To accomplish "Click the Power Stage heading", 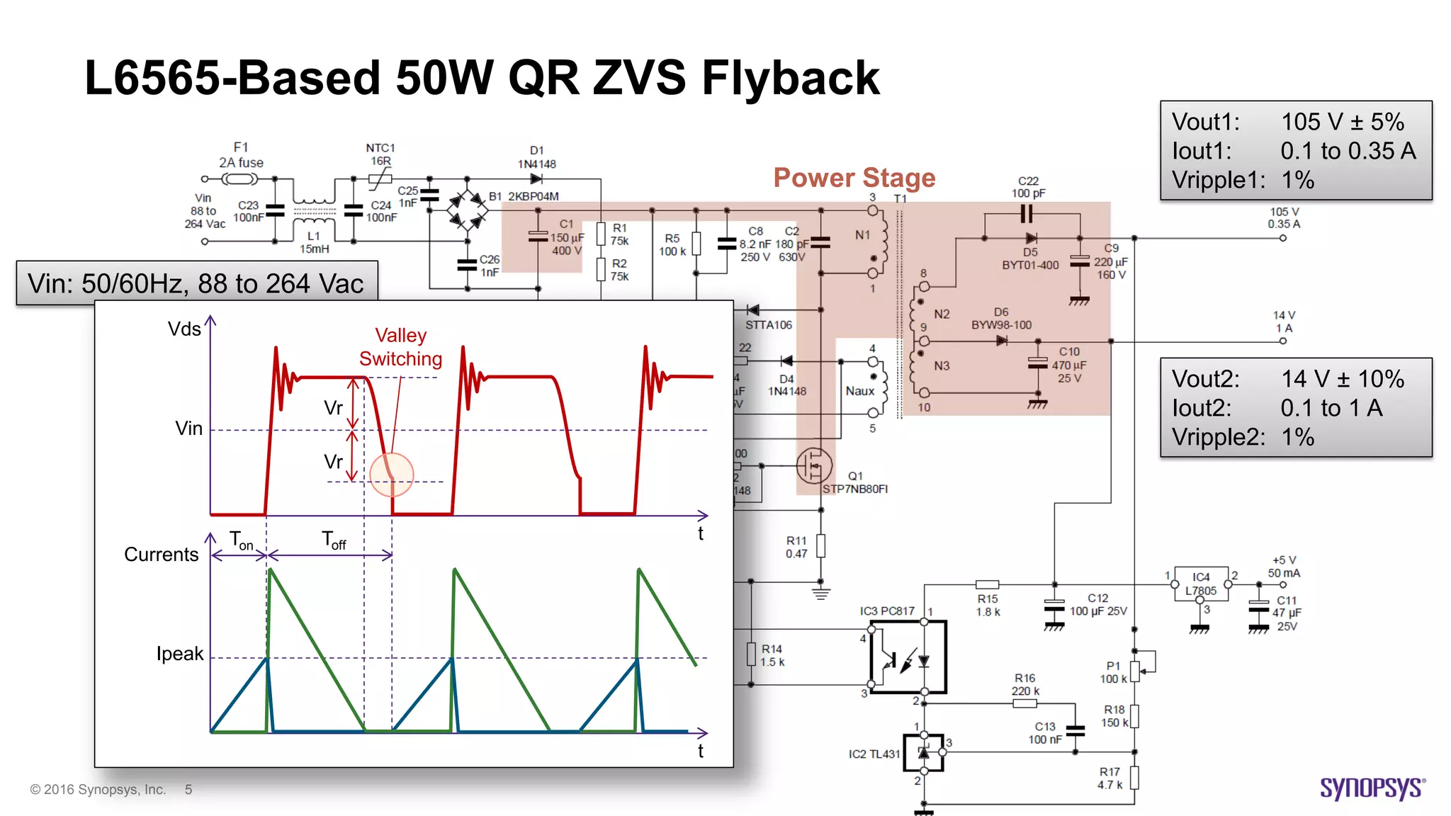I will pos(854,178).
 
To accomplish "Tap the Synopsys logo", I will pos(1372,788).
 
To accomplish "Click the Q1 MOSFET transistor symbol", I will pos(813,465).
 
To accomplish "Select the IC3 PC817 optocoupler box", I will pos(908,657).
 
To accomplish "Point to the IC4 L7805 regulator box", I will pos(1202,584).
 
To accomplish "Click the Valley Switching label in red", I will pos(400,347).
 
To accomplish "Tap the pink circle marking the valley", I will pos(391,474).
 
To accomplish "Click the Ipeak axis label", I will pos(180,653).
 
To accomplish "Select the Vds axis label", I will pos(184,329).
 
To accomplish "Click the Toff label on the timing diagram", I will pos(334,540).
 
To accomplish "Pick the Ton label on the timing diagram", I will pos(241,540).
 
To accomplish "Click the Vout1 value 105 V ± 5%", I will pos(1342,122).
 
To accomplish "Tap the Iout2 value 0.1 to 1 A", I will pos(1331,408).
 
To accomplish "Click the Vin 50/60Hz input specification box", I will pos(196,283).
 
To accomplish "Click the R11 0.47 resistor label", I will pos(796,547).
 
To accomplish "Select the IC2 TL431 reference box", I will pos(923,752).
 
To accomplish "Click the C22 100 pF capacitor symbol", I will pos(1027,213).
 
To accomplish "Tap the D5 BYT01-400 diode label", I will pos(1030,259).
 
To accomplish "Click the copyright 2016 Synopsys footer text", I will pos(98,789).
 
